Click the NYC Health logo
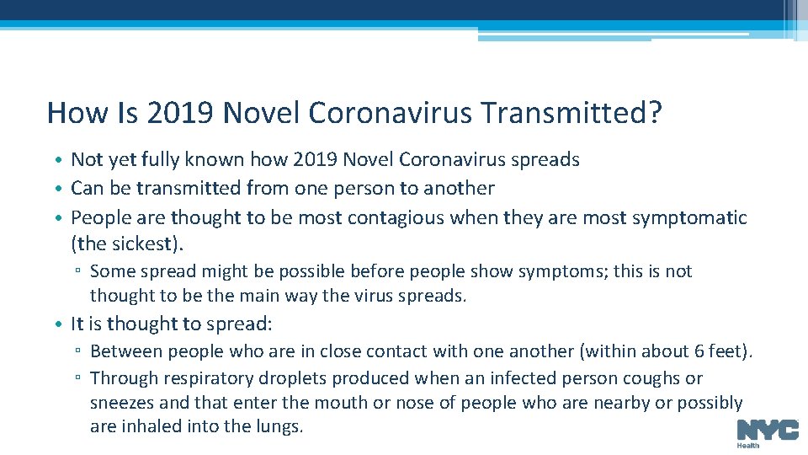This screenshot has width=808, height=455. point(768,432)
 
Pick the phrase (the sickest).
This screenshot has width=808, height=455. point(127,244)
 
